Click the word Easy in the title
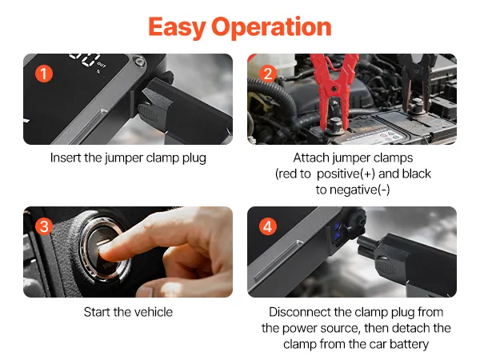(x=177, y=28)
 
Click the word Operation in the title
(x=271, y=28)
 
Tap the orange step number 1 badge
(x=44, y=74)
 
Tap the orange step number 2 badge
(x=268, y=74)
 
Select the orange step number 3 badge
(x=44, y=227)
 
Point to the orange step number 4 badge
(x=268, y=227)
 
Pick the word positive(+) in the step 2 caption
(x=346, y=174)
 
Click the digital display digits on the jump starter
(x=85, y=59)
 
